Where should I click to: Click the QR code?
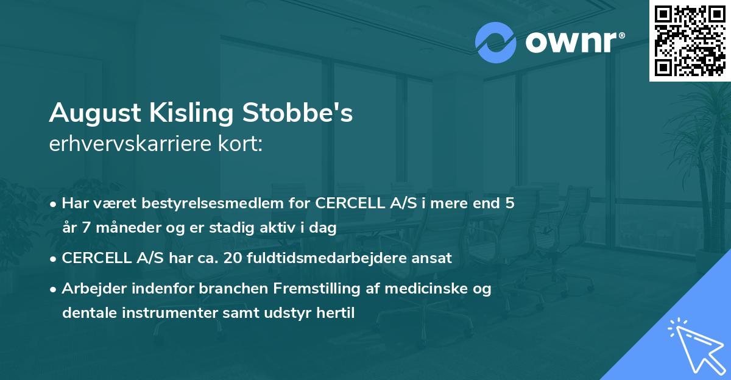click(690, 40)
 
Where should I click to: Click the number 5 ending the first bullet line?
click(510, 203)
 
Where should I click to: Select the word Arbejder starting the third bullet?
click(89, 289)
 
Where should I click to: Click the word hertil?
click(335, 313)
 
